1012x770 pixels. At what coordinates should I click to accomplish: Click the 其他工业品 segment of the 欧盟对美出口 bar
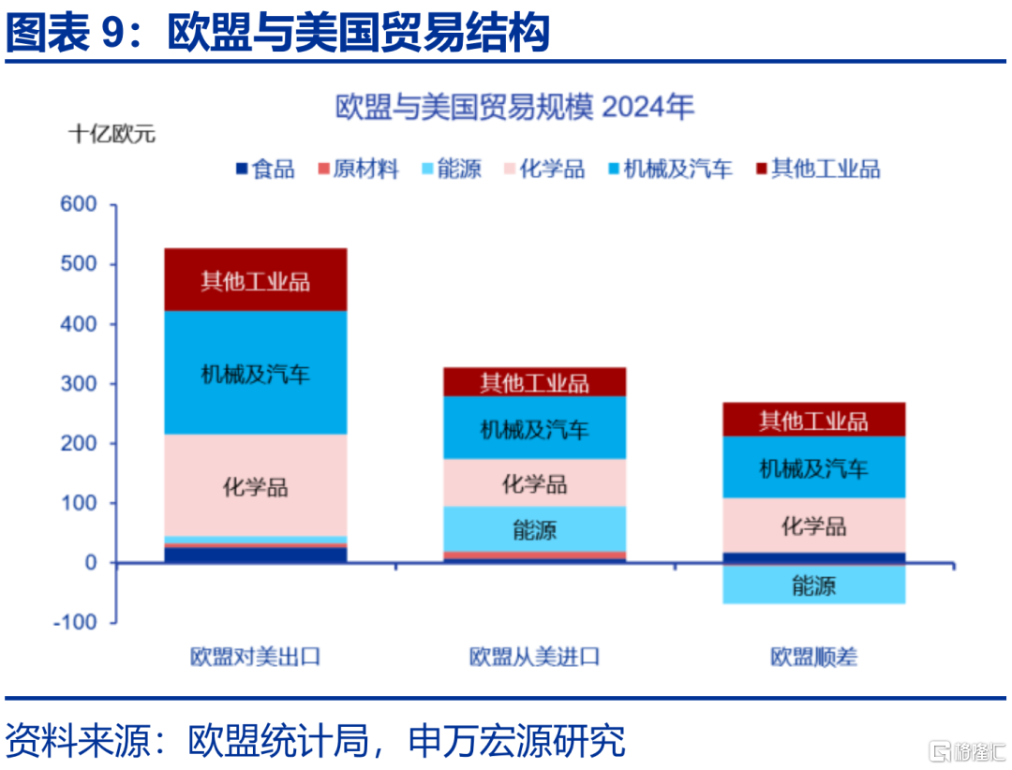point(256,279)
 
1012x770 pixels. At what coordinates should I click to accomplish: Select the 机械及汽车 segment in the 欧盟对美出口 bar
point(256,373)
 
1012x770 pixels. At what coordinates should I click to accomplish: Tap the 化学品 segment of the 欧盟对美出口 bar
point(256,484)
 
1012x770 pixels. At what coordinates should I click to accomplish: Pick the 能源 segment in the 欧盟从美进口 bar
point(534,529)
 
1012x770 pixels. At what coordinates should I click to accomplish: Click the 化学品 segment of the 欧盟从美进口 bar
point(534,482)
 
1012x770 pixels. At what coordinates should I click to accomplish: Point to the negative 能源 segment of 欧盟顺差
point(814,585)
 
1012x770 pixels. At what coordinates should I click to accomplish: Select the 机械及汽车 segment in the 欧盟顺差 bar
point(814,467)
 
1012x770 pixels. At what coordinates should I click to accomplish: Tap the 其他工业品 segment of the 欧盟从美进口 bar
point(534,382)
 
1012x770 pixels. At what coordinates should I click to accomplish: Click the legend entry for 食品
point(265,170)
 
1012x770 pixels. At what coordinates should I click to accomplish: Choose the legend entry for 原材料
point(358,170)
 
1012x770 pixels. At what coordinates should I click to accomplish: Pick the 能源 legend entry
point(451,170)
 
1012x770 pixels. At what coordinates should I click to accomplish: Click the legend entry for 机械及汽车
point(671,170)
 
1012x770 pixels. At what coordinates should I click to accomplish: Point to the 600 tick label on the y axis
point(78,204)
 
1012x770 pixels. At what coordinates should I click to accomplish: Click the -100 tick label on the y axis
point(75,622)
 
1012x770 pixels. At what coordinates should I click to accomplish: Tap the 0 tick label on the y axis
point(91,563)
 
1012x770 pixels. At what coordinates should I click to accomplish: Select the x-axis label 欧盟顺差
point(814,657)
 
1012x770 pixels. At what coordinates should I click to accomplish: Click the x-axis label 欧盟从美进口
point(534,657)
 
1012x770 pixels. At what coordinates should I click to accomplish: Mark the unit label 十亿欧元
point(112,134)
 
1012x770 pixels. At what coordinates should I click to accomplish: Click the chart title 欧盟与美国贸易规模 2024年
point(514,107)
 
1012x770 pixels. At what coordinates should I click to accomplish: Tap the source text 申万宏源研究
point(517,740)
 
